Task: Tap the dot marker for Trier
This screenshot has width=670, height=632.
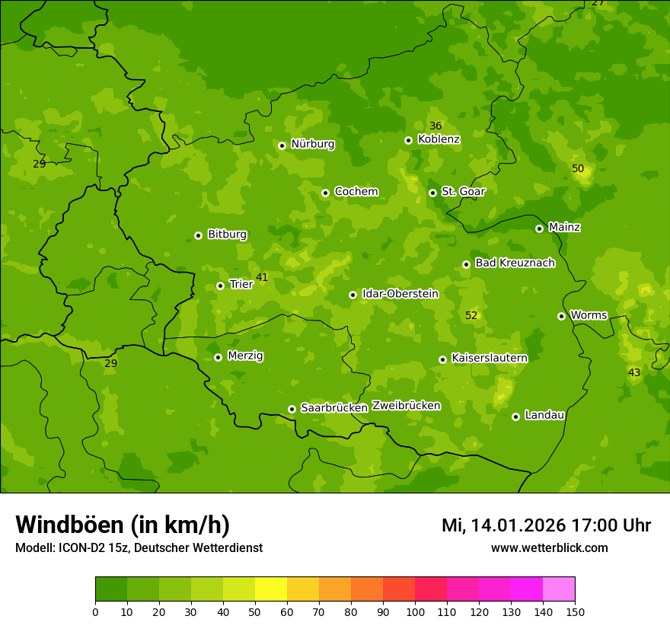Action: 220,286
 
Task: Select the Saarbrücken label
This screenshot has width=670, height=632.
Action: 333,408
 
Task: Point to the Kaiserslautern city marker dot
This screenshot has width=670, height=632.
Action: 442,359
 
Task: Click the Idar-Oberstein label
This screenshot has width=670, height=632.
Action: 400,294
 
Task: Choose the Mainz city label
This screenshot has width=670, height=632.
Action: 564,228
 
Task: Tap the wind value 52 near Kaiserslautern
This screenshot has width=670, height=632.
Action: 471,315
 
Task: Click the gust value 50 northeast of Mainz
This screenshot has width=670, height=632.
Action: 578,168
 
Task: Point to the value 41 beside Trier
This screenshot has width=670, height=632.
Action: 262,278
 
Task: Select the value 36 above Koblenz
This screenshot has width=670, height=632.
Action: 435,126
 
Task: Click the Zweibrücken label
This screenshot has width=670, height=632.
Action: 406,406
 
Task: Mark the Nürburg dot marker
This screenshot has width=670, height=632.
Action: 282,145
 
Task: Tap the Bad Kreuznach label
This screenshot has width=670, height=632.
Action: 515,263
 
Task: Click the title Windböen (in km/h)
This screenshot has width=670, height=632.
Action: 123,525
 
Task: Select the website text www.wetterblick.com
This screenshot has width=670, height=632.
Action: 549,548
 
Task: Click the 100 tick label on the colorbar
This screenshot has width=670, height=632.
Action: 415,611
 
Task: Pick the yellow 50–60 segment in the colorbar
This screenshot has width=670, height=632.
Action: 271,589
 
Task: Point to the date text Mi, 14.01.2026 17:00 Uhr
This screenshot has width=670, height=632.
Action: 546,525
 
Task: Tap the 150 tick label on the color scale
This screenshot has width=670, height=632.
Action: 575,611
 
